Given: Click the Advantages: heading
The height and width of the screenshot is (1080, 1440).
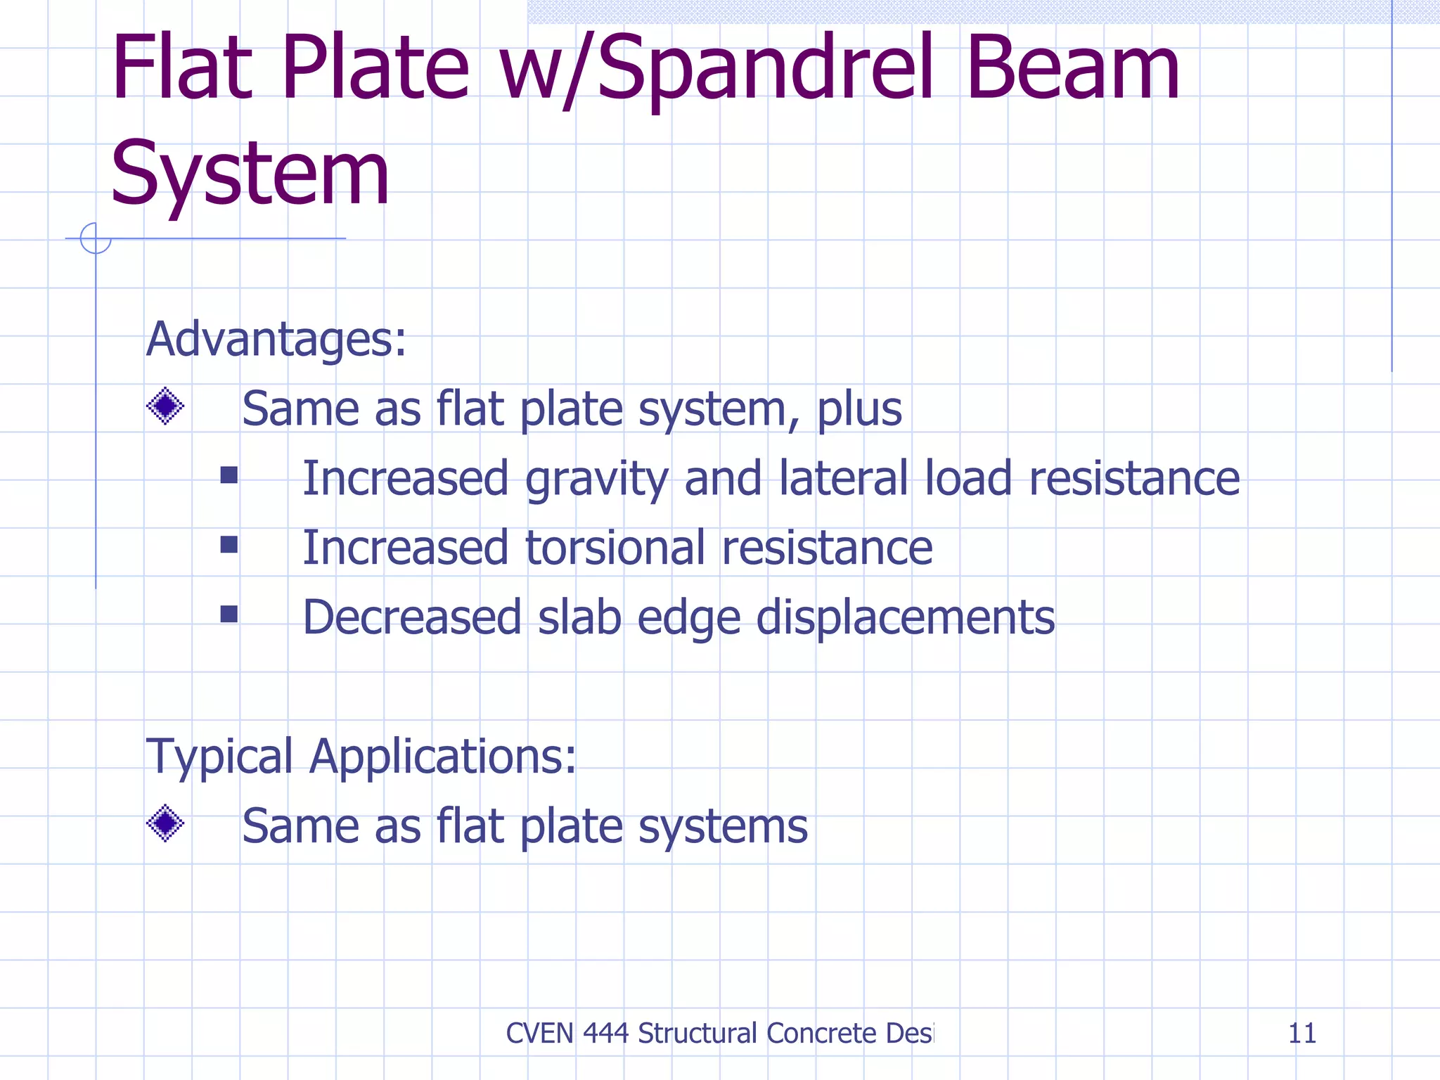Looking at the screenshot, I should (276, 340).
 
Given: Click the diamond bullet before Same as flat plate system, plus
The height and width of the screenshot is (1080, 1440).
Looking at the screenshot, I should (165, 406).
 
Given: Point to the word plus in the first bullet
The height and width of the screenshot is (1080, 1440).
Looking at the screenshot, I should (859, 410).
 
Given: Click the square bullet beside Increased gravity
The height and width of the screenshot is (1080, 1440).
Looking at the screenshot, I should (229, 476).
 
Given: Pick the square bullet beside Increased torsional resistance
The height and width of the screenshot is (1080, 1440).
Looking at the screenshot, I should (229, 545).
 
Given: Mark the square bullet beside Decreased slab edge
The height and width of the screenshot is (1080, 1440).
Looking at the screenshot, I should (229, 615).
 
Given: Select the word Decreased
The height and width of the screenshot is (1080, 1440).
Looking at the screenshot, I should (412, 617).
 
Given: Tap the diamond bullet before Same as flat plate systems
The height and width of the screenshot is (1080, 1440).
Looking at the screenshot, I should (165, 823).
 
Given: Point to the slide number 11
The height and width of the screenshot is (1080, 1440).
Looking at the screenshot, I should (1301, 1034).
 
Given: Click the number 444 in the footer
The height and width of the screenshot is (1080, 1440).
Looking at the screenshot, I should (605, 1034).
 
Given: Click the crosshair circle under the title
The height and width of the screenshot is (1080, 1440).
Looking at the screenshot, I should (96, 238).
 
